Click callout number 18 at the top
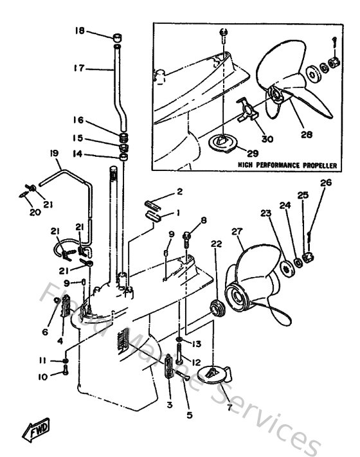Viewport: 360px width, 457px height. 79,31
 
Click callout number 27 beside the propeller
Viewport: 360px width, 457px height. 237,231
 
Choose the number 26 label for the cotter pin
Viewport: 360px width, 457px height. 326,183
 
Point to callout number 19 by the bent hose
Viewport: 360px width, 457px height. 53,152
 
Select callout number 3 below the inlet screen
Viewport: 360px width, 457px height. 170,405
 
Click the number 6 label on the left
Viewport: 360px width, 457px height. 45,332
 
